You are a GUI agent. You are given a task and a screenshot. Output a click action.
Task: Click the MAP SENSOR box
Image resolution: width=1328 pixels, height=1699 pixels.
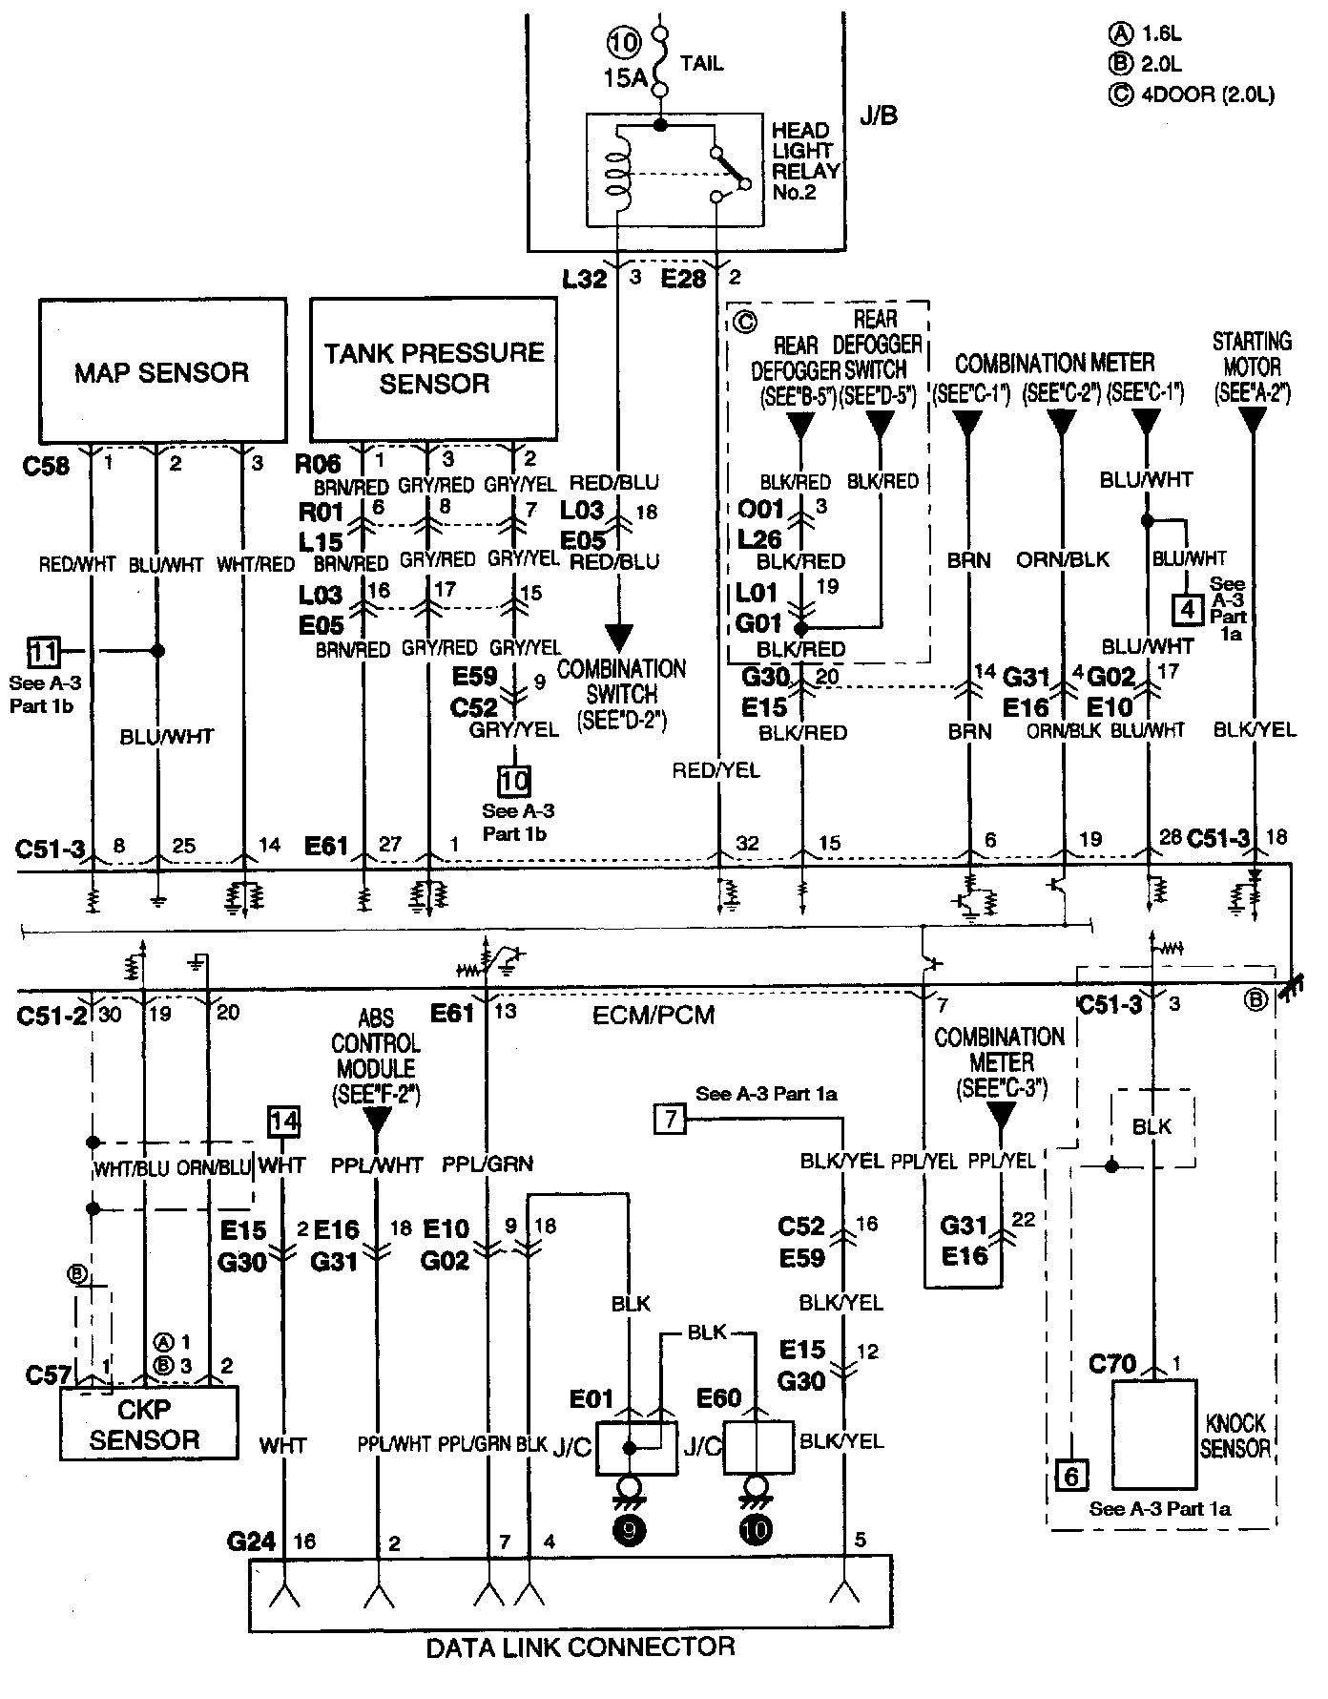point(162,370)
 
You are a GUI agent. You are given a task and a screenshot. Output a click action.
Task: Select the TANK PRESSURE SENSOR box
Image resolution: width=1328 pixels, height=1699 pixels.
point(434,370)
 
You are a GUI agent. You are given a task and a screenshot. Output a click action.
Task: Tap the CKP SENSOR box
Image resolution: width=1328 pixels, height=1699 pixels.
point(149,1422)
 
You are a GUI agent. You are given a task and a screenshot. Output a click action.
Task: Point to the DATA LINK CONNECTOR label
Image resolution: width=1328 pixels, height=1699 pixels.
point(581,1647)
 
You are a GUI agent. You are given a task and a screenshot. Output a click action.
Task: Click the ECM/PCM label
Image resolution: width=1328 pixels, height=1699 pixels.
point(654,1014)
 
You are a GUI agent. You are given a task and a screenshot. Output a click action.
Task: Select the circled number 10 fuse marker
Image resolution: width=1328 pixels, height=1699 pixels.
point(626,44)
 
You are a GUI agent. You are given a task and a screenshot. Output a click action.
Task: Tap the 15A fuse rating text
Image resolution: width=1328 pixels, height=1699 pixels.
point(625,78)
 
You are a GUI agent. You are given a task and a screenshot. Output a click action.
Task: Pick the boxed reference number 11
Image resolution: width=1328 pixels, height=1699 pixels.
point(43,653)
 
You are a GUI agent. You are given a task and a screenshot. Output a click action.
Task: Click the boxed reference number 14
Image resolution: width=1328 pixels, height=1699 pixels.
point(283,1122)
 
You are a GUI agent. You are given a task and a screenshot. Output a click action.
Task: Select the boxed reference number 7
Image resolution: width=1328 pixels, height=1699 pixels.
point(671,1118)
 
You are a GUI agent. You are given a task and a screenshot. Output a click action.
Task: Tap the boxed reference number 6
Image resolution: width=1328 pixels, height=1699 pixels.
point(1071,1477)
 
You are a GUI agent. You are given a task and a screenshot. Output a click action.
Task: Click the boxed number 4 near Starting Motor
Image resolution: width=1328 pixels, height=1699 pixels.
point(1187,608)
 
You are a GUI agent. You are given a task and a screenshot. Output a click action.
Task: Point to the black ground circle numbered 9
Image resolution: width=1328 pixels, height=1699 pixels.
point(629,1530)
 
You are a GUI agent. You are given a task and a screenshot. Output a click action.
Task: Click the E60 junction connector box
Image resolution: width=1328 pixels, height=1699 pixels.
point(758,1446)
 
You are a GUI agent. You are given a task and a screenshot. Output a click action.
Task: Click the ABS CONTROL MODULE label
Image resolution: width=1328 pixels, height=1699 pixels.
point(377,1057)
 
